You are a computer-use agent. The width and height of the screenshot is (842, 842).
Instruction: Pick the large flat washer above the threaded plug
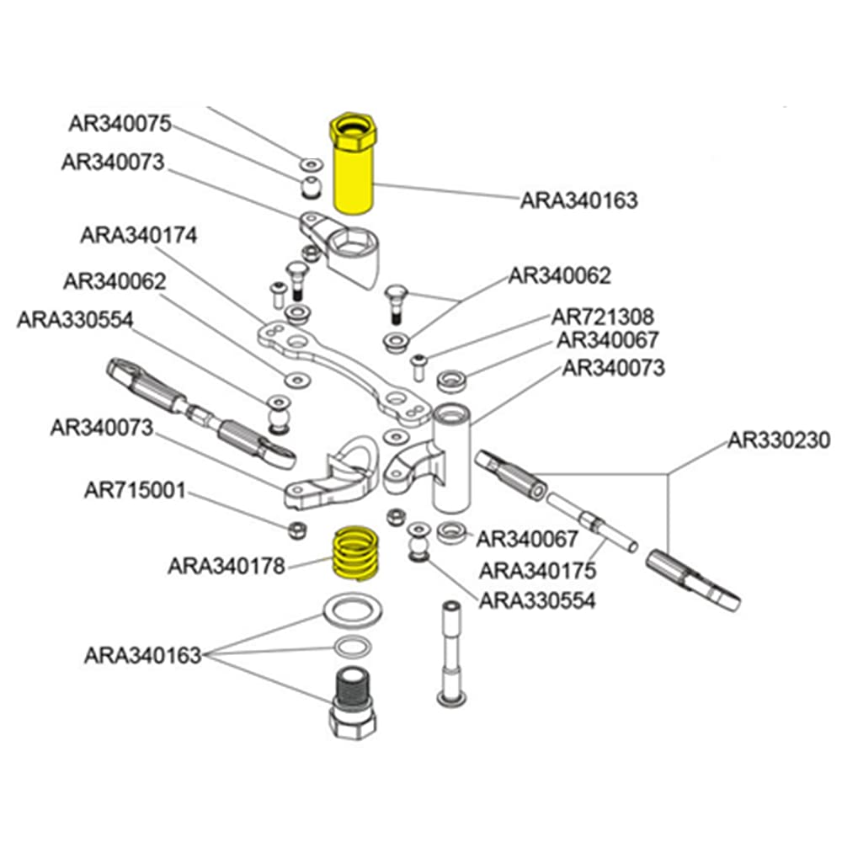tap(354, 612)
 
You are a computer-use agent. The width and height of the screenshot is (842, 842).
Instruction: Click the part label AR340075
tap(120, 124)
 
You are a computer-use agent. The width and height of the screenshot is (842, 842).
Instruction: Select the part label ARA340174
tap(139, 235)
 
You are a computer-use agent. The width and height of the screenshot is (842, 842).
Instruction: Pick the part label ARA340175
tap(538, 570)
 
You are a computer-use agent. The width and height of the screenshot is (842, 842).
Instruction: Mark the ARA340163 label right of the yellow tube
tap(578, 200)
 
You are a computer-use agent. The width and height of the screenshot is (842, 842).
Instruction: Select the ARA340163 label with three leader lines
tap(142, 655)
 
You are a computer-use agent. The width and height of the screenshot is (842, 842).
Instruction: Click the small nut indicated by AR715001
tap(296, 530)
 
